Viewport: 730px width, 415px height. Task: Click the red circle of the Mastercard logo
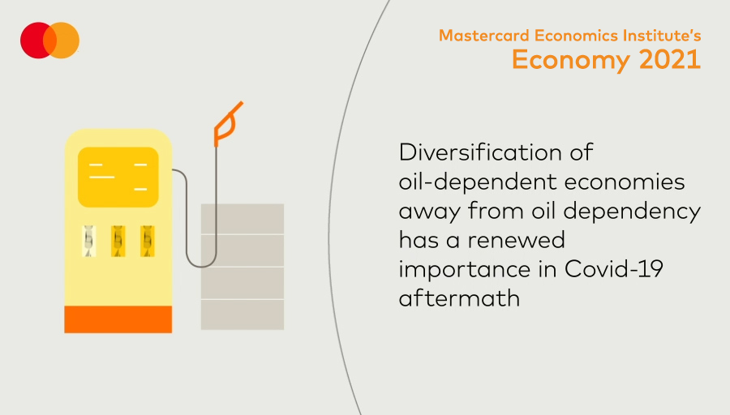coord(33,41)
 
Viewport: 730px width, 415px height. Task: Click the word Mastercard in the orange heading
coord(484,36)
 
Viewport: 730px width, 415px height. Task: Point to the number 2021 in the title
coord(670,59)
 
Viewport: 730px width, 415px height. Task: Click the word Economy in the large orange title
coord(572,61)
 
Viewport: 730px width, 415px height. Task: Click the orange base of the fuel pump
coord(118,319)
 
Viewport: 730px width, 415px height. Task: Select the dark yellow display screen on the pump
coord(118,178)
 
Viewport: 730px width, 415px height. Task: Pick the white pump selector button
coord(89,241)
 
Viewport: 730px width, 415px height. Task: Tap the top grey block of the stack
coord(243,219)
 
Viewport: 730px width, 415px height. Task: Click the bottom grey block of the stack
coord(243,315)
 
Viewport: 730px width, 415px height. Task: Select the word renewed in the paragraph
coord(517,241)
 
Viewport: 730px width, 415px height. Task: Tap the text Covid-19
coord(614,269)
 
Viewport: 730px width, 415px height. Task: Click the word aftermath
coord(459,298)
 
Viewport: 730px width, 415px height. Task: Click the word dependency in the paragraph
coord(632,212)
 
